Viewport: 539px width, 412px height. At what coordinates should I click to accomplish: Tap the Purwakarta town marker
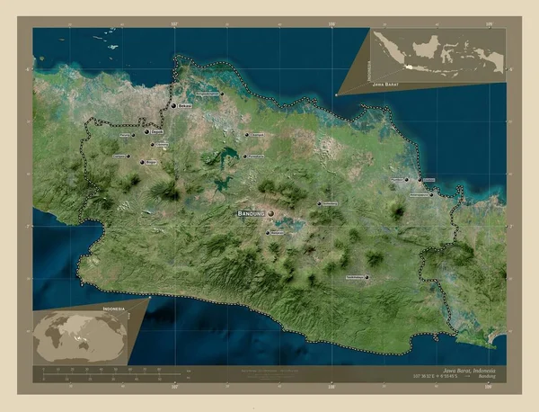coord(244,157)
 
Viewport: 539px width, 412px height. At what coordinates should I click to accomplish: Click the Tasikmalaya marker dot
coord(367,277)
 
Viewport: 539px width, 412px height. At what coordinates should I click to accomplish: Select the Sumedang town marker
coord(318,204)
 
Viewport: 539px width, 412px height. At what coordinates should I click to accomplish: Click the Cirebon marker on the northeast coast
coord(420,180)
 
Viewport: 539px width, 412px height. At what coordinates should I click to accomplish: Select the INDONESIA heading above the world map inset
coord(114,309)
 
